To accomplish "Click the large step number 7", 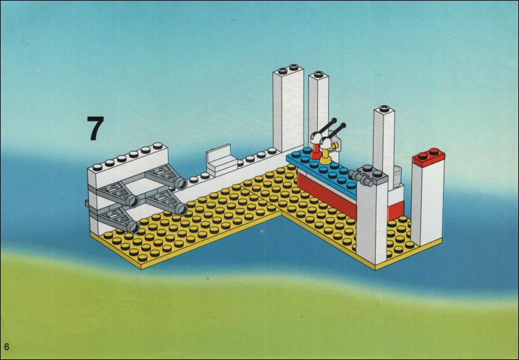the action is click(95, 128).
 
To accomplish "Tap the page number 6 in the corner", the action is click(6, 346).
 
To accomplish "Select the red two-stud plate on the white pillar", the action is click(429, 157).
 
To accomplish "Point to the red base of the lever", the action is click(316, 153).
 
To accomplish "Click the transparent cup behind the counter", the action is click(397, 175).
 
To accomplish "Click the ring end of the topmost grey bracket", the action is click(181, 183).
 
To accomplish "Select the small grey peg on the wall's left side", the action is click(86, 204).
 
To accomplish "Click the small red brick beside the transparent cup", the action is click(396, 210).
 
